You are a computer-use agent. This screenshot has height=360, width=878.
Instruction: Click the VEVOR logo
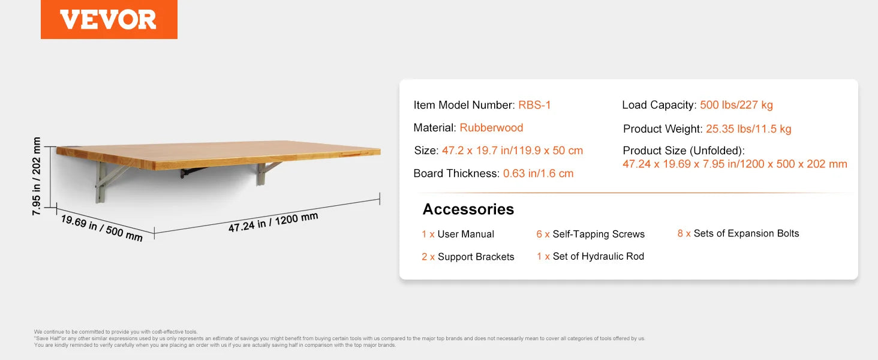coord(109,20)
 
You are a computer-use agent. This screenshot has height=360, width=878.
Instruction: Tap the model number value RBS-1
coord(534,106)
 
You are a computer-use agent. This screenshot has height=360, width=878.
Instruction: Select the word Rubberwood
coord(491,128)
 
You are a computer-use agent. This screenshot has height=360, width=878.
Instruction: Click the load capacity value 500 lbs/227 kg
coord(736,106)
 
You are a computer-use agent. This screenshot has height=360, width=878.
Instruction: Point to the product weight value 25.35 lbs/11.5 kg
coord(748,129)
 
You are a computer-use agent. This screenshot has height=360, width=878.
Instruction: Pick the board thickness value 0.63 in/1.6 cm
coord(538,173)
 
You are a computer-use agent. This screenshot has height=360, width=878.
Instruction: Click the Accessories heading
coord(468,209)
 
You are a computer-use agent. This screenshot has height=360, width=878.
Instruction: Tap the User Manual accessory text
coord(465,234)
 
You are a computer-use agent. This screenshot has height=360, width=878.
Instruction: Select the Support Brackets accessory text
coord(476,257)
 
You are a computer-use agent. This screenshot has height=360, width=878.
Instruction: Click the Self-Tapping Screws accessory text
coord(599,234)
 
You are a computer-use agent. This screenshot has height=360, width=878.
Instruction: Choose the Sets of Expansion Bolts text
coord(746,233)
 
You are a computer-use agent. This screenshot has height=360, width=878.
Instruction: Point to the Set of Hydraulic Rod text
coord(598,256)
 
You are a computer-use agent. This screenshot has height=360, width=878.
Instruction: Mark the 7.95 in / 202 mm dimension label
coord(37,177)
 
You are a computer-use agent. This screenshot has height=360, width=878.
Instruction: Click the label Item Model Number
coord(462,106)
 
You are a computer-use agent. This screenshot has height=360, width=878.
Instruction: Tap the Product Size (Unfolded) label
coord(683,151)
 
